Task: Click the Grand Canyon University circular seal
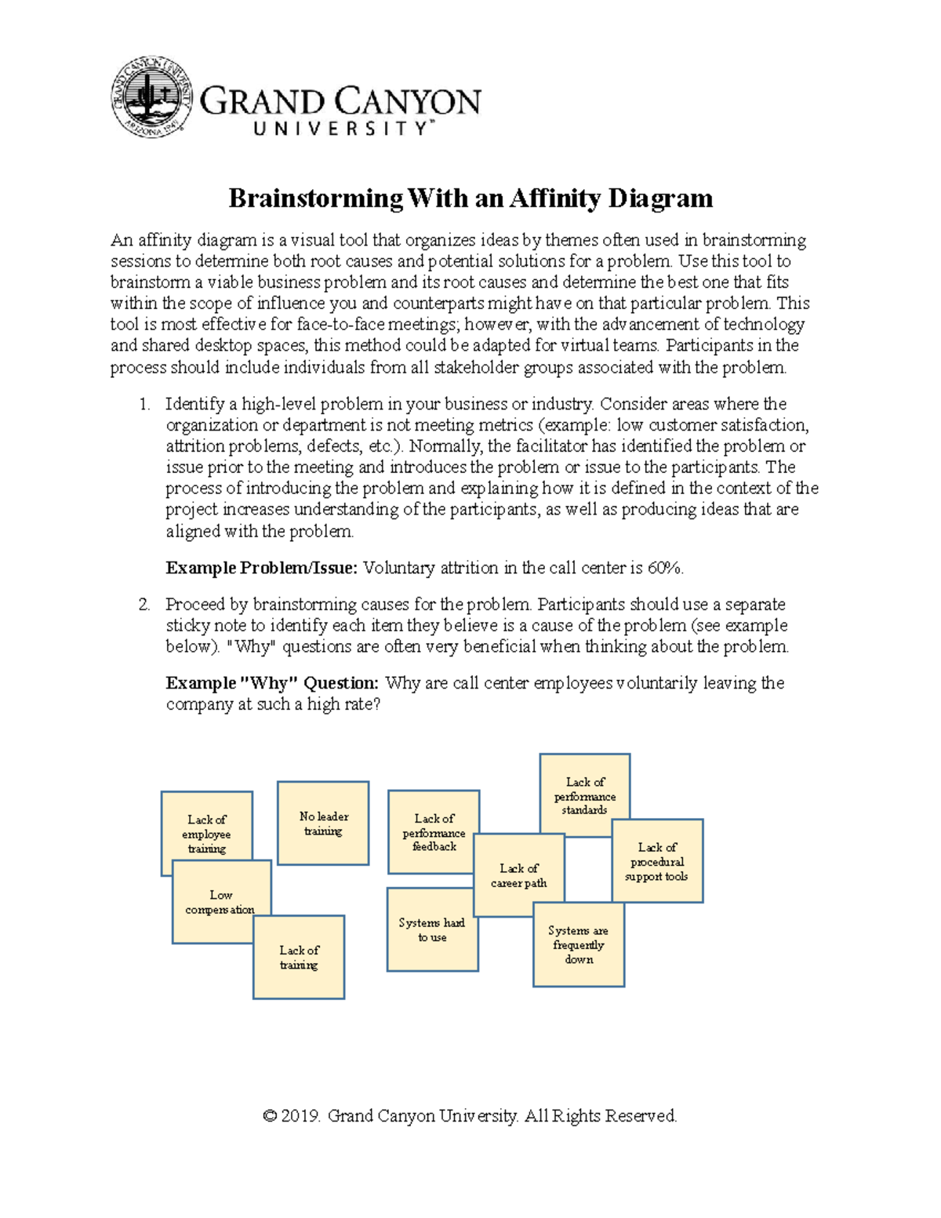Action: (151, 97)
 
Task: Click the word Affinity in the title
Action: (556, 198)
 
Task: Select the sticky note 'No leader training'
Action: (323, 823)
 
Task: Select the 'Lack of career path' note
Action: (518, 875)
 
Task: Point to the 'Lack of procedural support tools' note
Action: (657, 861)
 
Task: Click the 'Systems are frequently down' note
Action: (579, 944)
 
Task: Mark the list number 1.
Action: (144, 405)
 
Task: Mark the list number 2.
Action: (144, 605)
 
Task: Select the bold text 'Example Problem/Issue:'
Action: (262, 568)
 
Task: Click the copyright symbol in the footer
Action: (271, 1116)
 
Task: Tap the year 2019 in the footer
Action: (301, 1116)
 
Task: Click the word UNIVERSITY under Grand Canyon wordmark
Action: (341, 129)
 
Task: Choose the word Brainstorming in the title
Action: (315, 198)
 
